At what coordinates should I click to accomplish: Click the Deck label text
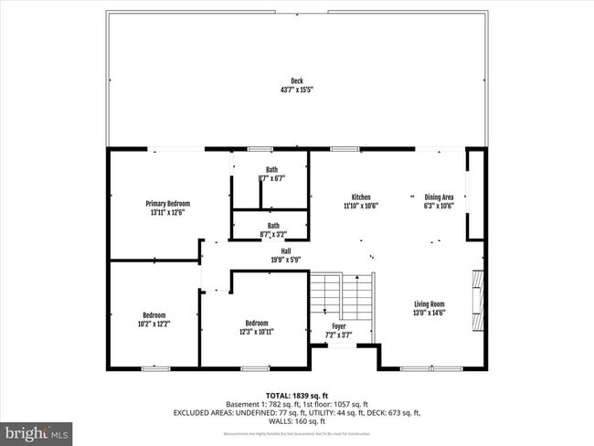point(297,80)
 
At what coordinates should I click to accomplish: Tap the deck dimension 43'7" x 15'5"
point(297,90)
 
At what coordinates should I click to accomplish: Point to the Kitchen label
point(361,196)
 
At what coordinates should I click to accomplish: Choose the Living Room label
point(429,304)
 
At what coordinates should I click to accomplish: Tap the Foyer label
point(339,326)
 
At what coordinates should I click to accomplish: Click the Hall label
point(286,251)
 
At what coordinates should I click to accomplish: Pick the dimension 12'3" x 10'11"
point(257,331)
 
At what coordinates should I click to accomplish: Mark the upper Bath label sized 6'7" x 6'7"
point(272,169)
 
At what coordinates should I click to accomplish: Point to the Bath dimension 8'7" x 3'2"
point(273,235)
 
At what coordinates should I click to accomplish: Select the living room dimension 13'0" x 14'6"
point(429,313)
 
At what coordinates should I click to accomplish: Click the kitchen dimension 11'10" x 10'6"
point(361,206)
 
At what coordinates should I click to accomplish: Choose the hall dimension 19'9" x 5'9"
point(286,260)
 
